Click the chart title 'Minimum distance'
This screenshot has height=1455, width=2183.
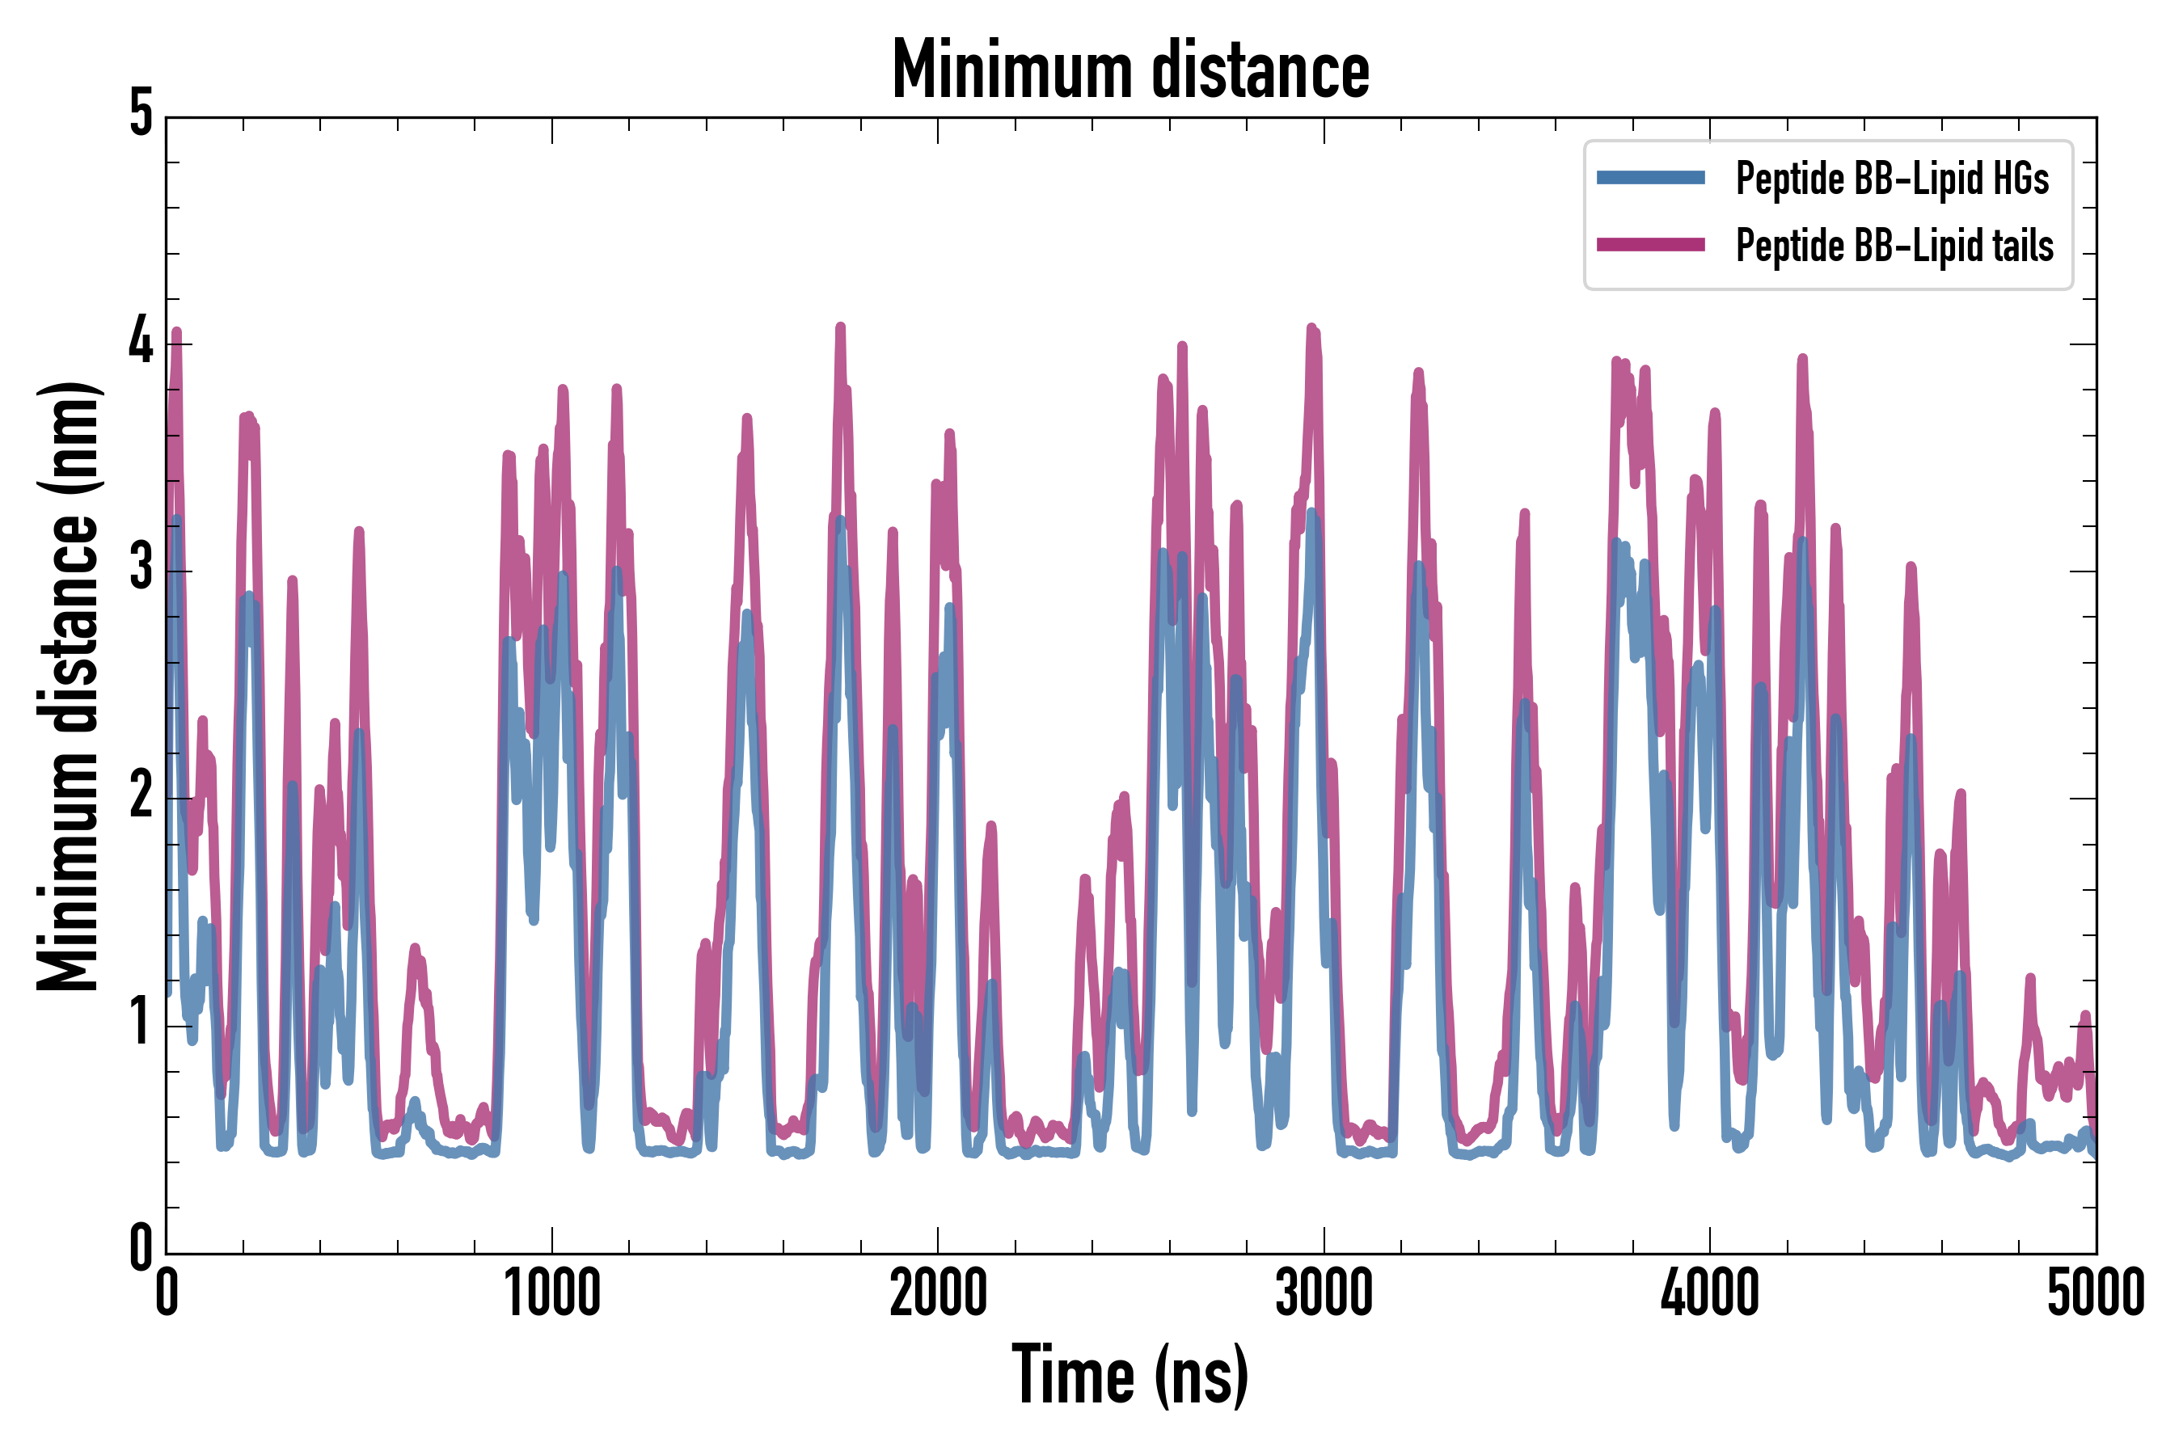(x=1130, y=70)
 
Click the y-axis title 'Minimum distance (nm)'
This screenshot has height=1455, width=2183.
(x=68, y=685)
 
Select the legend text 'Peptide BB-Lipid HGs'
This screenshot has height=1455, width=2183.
(x=1892, y=178)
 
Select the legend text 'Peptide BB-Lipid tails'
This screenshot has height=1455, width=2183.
(x=1894, y=246)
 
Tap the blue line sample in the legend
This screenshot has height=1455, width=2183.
(x=1650, y=177)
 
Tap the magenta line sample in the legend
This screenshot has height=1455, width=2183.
(x=1650, y=245)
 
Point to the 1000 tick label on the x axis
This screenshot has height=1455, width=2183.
(x=552, y=1293)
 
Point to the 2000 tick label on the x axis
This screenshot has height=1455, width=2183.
(x=937, y=1293)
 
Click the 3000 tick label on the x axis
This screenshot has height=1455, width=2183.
(x=1324, y=1293)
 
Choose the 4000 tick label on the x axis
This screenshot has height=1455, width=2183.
(x=1710, y=1293)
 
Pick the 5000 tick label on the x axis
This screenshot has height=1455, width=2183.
(x=2096, y=1293)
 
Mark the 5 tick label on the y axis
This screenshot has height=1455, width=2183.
(x=141, y=114)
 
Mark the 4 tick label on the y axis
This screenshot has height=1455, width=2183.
(x=141, y=341)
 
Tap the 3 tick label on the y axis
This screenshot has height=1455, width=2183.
(x=141, y=569)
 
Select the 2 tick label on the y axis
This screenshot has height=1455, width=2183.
(x=141, y=796)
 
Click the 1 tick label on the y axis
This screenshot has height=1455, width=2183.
(x=141, y=1023)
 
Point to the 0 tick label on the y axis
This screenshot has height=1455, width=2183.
(x=141, y=1248)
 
